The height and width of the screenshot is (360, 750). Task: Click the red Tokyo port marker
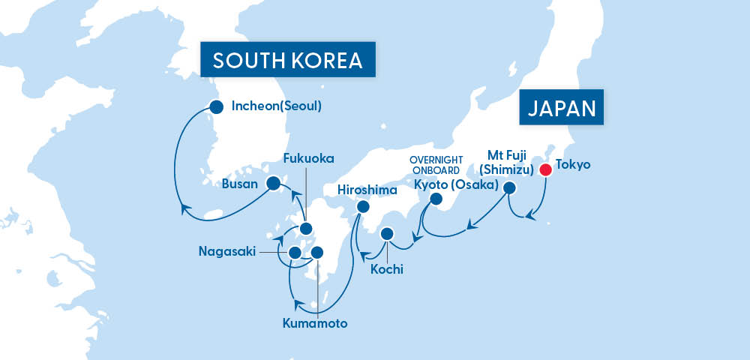pyautogui.click(x=546, y=169)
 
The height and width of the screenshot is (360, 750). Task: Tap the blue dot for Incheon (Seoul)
pyautogui.click(x=216, y=106)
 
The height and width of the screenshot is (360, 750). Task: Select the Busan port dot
pyautogui.click(x=273, y=182)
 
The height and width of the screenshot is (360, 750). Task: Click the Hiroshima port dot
pyautogui.click(x=363, y=206)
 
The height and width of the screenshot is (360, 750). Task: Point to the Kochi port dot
pyautogui.click(x=387, y=233)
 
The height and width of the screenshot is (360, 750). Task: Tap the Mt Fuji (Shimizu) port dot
pyautogui.click(x=509, y=187)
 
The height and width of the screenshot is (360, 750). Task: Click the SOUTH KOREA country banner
pyautogui.click(x=288, y=61)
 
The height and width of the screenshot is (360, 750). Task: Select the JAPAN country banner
pyautogui.click(x=562, y=109)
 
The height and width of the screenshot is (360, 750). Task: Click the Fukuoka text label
pyautogui.click(x=308, y=159)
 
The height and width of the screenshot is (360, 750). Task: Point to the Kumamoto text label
pyautogui.click(x=316, y=324)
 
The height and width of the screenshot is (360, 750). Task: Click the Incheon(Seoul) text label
pyautogui.click(x=277, y=106)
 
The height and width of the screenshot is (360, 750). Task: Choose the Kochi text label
pyautogui.click(x=387, y=269)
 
